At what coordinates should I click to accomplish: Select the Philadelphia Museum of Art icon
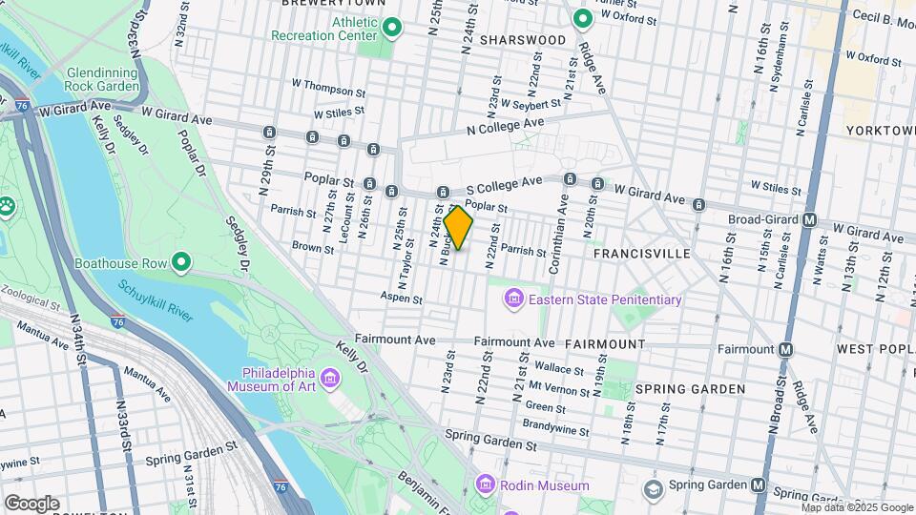[x=330, y=380]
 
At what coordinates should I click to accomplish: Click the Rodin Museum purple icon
[x=485, y=485]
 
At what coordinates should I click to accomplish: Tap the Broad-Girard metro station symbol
[x=810, y=220]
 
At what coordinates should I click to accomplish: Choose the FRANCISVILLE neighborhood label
[x=641, y=255]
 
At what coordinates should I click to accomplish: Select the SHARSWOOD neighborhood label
[x=523, y=40]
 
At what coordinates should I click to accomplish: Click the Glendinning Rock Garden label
[x=103, y=79]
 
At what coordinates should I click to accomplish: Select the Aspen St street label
[x=401, y=299]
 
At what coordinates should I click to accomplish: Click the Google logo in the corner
[x=31, y=504]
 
